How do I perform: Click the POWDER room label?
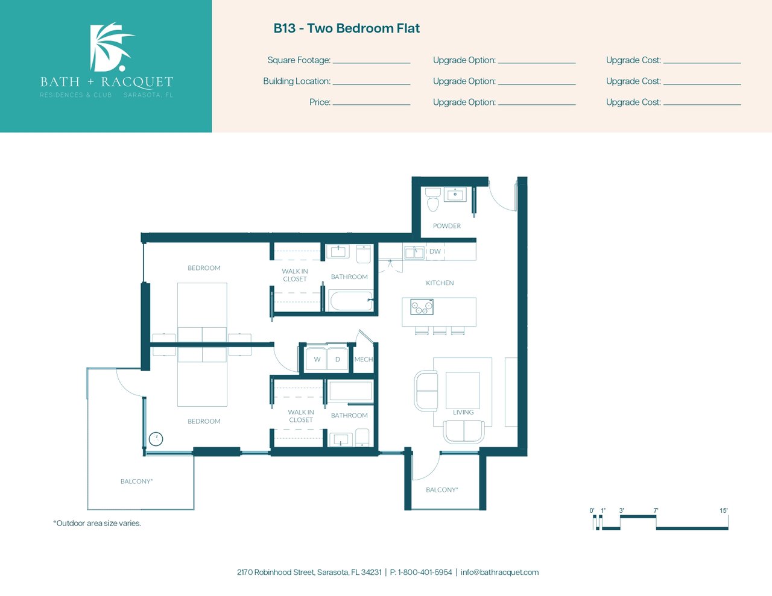point(446,226)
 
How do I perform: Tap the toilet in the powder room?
point(432,199)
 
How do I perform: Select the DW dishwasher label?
point(435,251)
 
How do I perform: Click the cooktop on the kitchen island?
point(422,307)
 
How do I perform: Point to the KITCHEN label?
point(440,283)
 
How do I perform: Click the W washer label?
point(317,359)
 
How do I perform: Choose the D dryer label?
point(338,359)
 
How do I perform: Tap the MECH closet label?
point(364,359)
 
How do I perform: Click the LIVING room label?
point(463,412)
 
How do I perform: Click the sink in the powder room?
point(455,194)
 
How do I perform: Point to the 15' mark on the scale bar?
point(724,510)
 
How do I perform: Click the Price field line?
point(372,105)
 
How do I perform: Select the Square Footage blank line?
point(372,63)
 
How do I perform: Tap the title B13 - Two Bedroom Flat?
point(346,28)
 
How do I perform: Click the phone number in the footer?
point(421,572)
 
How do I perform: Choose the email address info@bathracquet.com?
point(499,572)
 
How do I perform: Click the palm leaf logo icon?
point(111,47)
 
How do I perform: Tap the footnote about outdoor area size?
point(97,523)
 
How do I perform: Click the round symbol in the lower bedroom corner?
point(156,439)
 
